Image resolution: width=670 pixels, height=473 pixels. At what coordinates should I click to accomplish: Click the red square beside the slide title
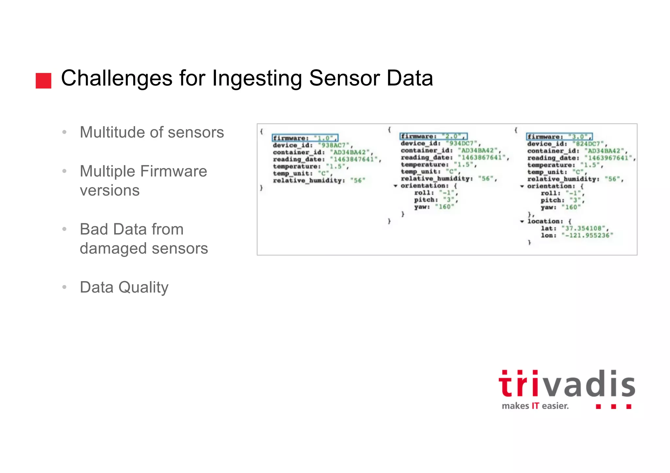[x=44, y=81]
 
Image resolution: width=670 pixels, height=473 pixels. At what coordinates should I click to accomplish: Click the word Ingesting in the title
[x=256, y=78]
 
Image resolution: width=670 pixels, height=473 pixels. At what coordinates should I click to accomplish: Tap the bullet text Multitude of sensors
[x=152, y=132]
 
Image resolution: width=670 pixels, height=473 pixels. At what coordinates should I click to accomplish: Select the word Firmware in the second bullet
[x=176, y=171]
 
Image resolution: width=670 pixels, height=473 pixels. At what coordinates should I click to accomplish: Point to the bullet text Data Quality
[x=124, y=287]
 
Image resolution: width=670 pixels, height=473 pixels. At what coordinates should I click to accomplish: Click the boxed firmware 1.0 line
[x=305, y=138]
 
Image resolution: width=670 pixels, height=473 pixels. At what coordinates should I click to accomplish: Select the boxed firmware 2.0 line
[x=433, y=136]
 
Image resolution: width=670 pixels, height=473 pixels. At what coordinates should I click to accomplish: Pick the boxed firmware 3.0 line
[x=559, y=137]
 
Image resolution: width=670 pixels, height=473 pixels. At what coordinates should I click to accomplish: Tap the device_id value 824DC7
[x=588, y=144]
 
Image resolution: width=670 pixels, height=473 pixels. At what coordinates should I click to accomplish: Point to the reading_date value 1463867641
[x=482, y=158]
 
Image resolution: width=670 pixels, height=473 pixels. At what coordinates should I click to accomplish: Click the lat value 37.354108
[x=583, y=228]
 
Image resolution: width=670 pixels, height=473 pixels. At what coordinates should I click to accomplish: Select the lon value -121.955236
[x=587, y=235]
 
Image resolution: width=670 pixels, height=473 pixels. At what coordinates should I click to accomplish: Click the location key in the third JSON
[x=545, y=221]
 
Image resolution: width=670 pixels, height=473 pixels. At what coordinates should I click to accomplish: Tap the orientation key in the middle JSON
[x=424, y=186]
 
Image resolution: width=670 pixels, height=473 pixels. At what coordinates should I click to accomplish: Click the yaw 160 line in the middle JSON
[x=434, y=207]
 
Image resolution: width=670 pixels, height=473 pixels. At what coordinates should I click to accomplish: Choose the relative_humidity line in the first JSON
[x=319, y=180]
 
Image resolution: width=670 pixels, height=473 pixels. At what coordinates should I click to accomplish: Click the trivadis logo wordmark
[x=567, y=384]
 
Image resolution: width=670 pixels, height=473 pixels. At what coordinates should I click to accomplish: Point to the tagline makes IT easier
[x=535, y=406]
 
